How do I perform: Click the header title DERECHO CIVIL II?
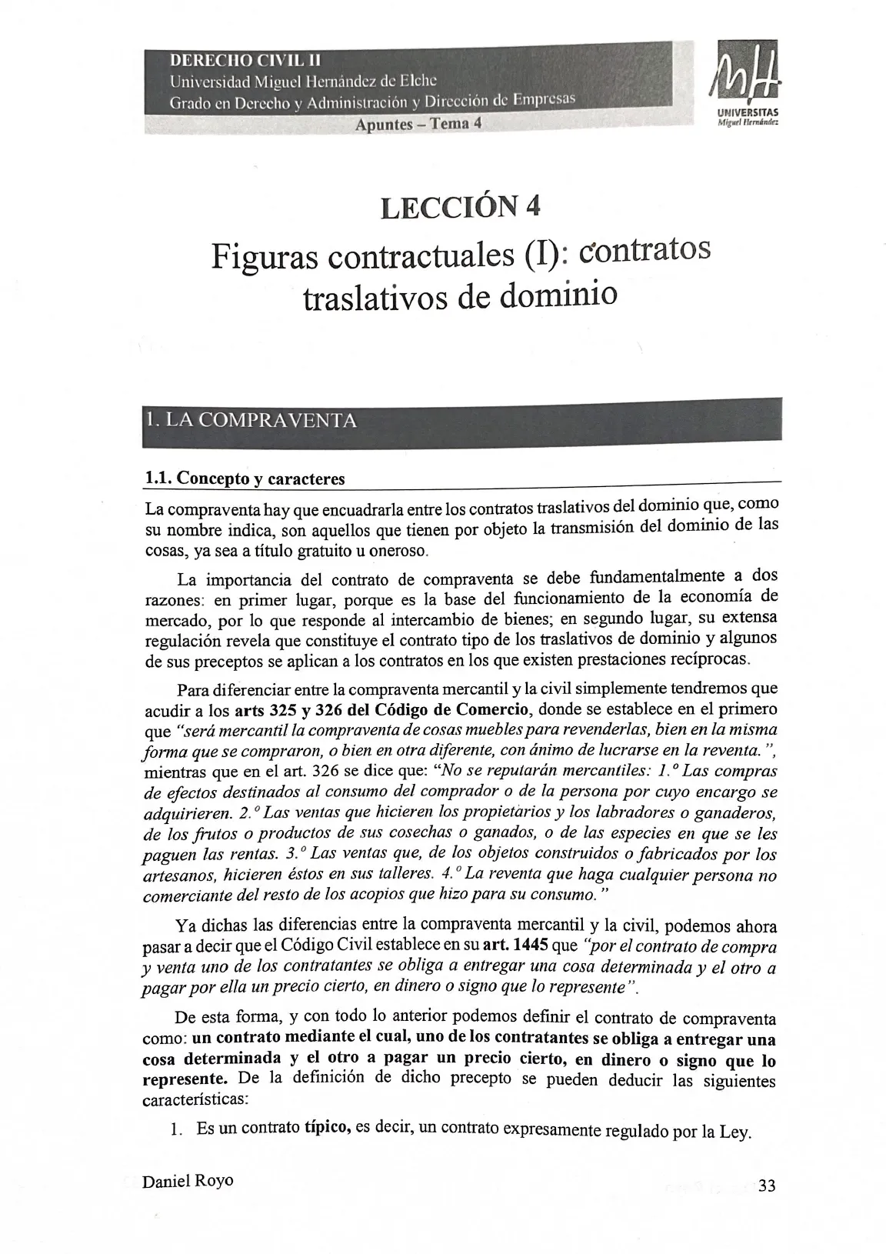click(x=245, y=60)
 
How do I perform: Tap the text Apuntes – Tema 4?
click(x=418, y=124)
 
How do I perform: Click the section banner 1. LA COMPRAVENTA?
click(x=251, y=420)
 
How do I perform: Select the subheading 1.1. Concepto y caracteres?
click(x=245, y=479)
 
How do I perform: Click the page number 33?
click(x=766, y=1186)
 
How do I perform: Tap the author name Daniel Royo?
click(x=188, y=1181)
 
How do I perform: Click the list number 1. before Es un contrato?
click(x=176, y=1130)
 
